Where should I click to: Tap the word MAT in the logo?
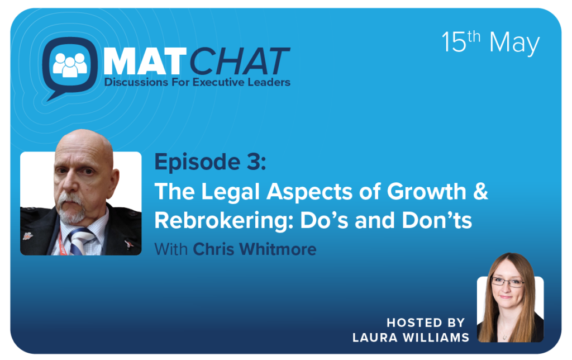pyautogui.click(x=142, y=62)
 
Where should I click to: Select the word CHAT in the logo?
pyautogui.click(x=240, y=61)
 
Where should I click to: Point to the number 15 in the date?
pyautogui.click(x=454, y=42)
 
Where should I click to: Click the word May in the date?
pyautogui.click(x=514, y=44)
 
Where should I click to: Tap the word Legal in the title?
pyautogui.click(x=230, y=192)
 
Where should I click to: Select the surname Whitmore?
pyautogui.click(x=278, y=249)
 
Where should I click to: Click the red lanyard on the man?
pyautogui.click(x=62, y=242)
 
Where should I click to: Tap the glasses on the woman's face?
pyautogui.click(x=507, y=282)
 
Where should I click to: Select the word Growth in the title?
pyautogui.click(x=427, y=191)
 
